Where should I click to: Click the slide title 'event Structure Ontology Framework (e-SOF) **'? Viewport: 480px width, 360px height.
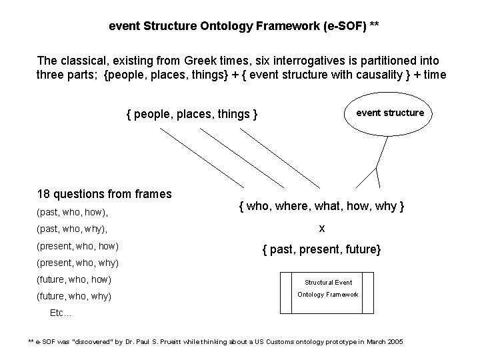click(244, 27)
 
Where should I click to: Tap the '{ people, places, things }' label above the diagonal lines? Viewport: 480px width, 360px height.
click(192, 115)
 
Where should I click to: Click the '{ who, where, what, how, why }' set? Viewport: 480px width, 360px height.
click(321, 207)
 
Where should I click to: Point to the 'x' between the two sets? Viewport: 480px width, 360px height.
click(321, 229)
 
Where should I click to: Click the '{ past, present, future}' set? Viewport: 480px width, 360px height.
click(321, 251)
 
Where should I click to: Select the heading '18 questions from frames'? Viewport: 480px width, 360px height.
click(105, 194)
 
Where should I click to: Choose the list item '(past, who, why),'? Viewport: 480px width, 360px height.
click(71, 229)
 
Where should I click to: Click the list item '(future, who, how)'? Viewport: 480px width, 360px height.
click(75, 279)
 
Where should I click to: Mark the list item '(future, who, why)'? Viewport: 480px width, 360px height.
click(75, 296)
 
